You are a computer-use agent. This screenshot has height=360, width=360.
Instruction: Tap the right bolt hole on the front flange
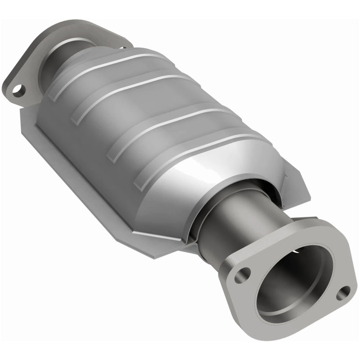click(344, 292)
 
